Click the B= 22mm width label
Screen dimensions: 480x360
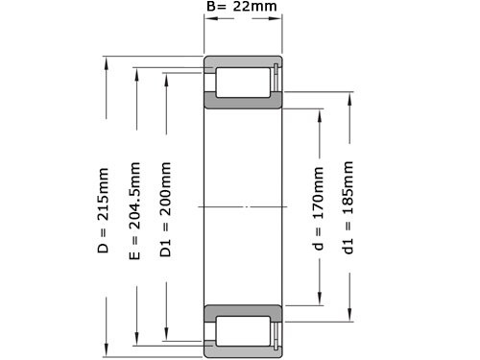coord(242,10)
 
